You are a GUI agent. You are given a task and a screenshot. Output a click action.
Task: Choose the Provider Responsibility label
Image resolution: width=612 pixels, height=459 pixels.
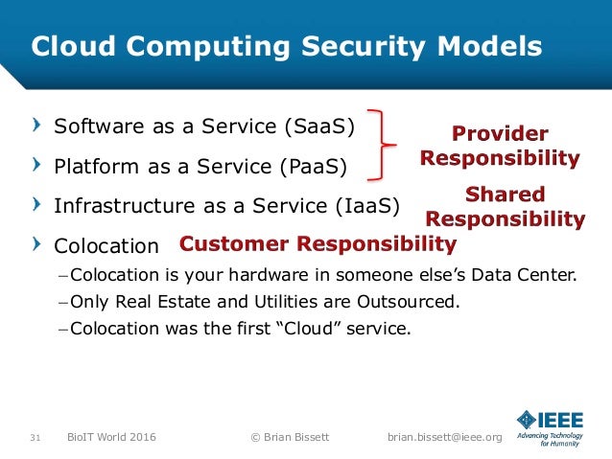click(500, 146)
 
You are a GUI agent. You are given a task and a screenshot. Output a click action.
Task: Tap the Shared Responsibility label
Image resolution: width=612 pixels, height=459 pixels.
click(505, 207)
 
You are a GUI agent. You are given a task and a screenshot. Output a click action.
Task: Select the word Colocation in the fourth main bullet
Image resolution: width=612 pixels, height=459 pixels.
click(106, 244)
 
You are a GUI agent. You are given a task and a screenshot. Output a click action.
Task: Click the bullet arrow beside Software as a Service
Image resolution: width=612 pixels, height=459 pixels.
click(35, 125)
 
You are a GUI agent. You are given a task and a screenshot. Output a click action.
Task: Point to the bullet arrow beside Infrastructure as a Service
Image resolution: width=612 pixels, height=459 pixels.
click(35, 202)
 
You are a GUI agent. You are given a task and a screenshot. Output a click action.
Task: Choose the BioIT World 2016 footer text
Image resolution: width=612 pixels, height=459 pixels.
click(111, 438)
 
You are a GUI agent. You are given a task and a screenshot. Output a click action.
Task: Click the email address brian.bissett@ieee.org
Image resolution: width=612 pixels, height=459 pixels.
click(444, 438)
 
